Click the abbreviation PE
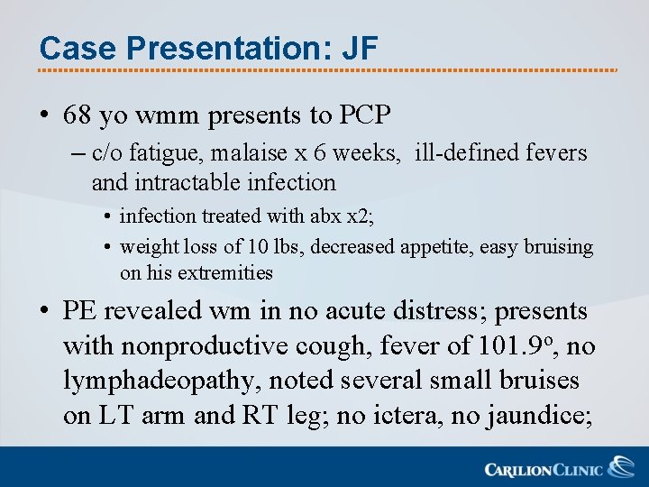point(79,312)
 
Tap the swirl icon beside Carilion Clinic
point(621,467)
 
